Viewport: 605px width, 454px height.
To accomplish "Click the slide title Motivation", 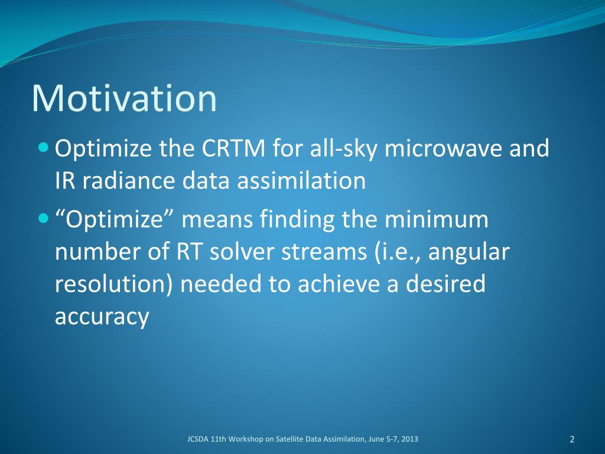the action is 124,98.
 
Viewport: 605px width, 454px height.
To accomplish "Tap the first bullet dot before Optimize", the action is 44,147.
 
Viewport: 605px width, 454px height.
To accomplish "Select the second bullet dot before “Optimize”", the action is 44,219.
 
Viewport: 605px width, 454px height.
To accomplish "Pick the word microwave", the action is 443,148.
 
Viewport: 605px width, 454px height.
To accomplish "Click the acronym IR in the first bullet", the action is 65,180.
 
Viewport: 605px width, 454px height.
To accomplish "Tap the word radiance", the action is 129,180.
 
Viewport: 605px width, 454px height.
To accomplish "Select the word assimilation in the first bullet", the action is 301,180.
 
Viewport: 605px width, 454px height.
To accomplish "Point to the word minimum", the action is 437,219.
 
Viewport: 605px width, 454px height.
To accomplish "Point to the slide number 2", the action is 572,439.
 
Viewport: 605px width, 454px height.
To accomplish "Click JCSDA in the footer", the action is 198,439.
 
